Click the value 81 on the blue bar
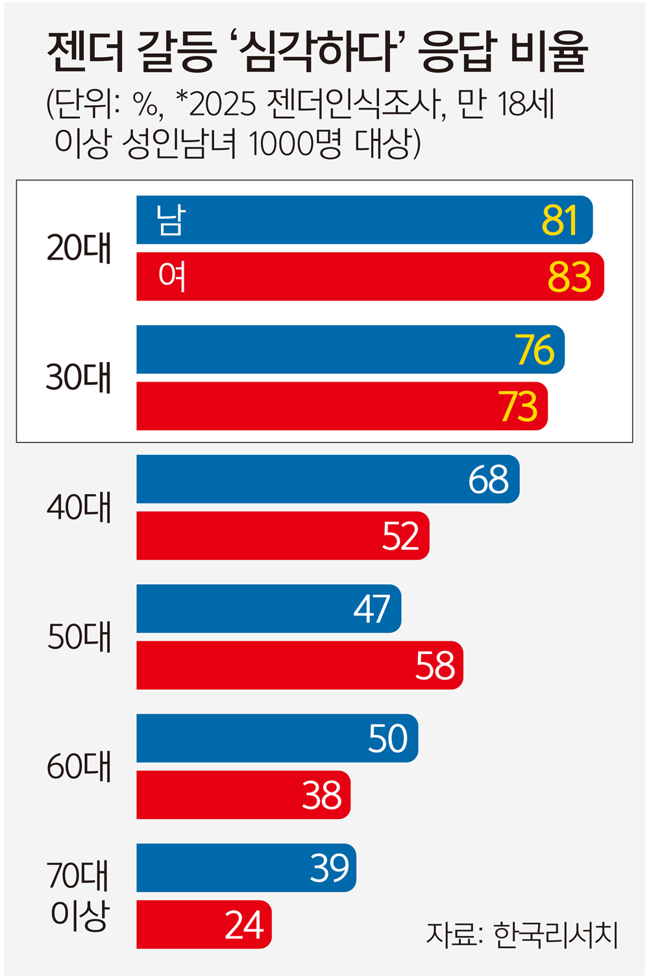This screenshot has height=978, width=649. point(559,221)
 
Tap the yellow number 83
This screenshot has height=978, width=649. point(569,277)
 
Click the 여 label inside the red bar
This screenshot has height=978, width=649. point(172,276)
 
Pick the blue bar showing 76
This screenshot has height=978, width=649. point(350,350)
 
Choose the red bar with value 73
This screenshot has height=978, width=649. point(342,406)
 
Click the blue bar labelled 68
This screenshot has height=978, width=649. point(328,479)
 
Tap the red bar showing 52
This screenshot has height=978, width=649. point(283,536)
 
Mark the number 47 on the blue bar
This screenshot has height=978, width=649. point(372,609)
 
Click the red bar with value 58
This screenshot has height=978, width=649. point(300,666)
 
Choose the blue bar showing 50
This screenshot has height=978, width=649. point(277,739)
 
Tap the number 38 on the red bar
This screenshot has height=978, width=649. point(322,796)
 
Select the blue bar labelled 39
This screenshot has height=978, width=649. point(246,868)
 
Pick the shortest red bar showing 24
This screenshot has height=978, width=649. point(204,925)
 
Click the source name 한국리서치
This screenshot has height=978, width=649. point(556,935)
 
